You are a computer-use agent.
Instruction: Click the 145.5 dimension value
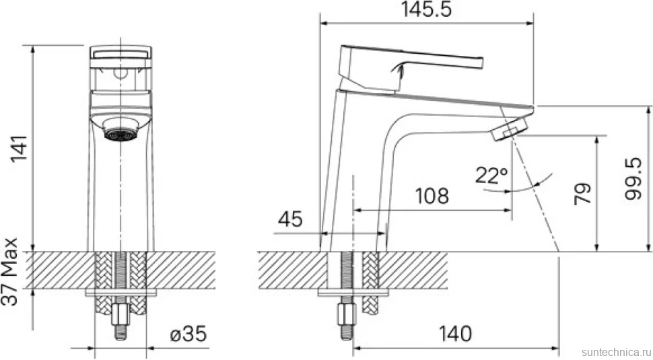426,10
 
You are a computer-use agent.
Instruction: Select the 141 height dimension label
20,148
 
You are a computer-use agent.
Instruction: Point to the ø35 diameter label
188,334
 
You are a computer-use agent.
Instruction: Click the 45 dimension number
290,219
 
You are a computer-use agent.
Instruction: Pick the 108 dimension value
432,196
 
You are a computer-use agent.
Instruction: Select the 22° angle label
491,176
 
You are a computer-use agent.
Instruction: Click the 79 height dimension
582,193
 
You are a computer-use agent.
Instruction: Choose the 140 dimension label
455,334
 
